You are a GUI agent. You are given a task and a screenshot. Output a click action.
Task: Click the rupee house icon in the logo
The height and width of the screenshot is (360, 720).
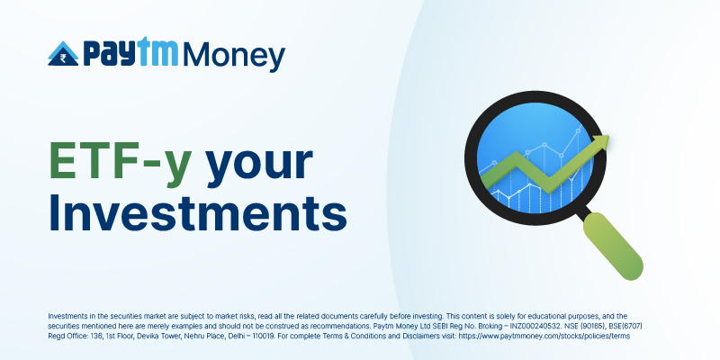click(63, 54)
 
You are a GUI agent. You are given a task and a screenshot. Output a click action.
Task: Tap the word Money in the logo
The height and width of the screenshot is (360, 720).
click(234, 57)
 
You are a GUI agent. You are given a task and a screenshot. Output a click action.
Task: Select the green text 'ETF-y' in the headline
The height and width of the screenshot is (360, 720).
click(121, 162)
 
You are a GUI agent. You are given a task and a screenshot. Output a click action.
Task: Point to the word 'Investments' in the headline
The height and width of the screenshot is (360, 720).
click(197, 212)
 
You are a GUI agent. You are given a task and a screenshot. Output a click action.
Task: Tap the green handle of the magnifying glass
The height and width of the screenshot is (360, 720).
click(613, 246)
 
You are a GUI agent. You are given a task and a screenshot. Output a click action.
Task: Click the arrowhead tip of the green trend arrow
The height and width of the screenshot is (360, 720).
click(609, 136)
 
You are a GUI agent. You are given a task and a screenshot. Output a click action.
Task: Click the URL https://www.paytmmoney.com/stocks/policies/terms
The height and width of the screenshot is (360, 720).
click(544, 336)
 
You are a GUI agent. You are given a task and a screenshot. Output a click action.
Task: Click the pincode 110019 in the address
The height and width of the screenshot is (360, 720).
click(262, 336)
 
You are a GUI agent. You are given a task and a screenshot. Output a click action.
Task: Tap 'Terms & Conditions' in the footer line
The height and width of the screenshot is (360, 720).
click(343, 336)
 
